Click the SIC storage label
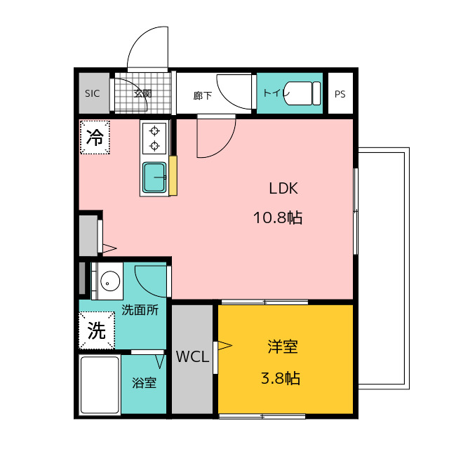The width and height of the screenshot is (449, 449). click(93, 93)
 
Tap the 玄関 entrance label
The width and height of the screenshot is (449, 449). click(143, 93)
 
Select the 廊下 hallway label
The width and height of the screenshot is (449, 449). click(202, 95)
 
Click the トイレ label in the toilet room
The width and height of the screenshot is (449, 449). click(272, 93)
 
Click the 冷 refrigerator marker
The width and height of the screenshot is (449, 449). click(95, 138)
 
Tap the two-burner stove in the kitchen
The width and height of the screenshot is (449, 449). click(154, 138)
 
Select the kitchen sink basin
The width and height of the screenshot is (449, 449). click(154, 177)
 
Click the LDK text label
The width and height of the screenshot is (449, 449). click(284, 188)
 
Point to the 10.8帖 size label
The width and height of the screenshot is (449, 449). click(278, 217)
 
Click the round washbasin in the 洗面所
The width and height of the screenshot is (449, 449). click(109, 282)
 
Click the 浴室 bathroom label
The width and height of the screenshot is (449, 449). click(145, 383)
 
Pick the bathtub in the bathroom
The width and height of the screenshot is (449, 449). click(99, 385)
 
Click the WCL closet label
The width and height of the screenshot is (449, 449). click(192, 357)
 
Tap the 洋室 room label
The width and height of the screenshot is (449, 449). click(282, 347)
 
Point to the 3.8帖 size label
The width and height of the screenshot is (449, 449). click(281, 379)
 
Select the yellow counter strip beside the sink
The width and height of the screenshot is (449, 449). click(173, 176)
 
